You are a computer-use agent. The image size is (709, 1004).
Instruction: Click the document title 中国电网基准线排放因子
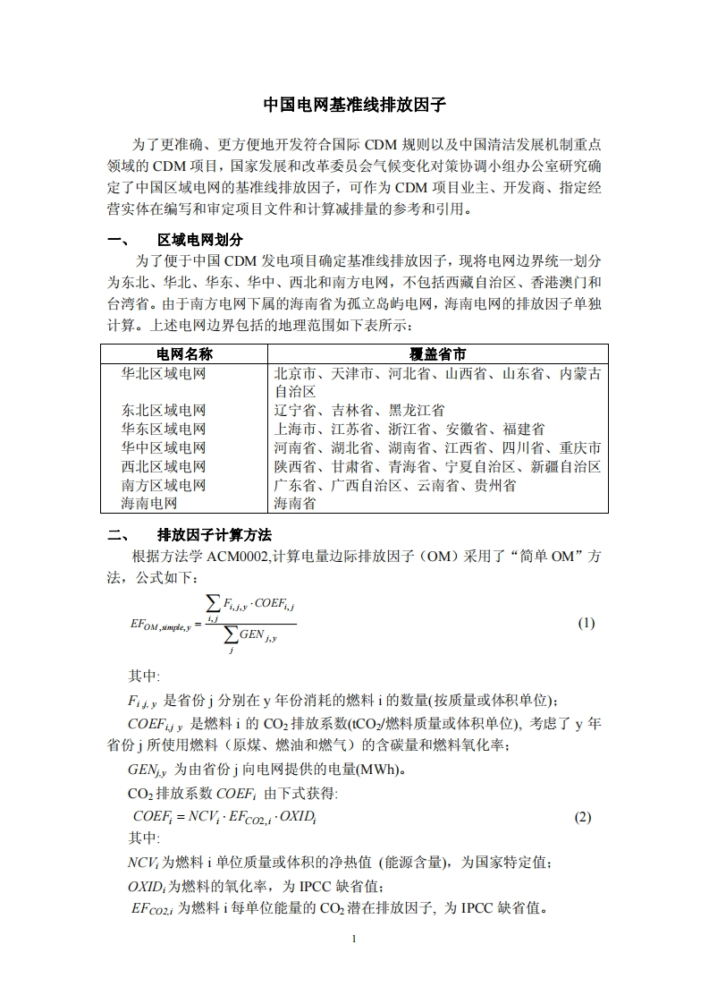354,105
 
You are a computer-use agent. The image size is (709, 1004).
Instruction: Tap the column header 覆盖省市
437,354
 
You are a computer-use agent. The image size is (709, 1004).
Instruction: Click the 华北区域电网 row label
164,373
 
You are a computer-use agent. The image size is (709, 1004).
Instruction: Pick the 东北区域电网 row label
164,411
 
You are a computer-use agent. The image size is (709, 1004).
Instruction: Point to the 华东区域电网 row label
164,430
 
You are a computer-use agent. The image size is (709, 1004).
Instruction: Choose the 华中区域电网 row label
164,448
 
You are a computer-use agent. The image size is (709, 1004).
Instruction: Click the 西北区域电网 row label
164,467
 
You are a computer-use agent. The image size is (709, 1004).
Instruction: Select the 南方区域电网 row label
164,486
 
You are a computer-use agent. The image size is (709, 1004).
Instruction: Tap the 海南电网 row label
149,504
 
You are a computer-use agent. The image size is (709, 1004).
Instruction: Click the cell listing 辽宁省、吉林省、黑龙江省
359,411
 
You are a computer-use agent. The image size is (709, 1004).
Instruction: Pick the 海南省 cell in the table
294,504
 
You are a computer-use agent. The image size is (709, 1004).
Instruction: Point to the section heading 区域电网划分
200,240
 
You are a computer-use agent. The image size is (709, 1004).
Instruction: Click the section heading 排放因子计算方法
215,535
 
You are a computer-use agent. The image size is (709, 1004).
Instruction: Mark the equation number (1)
587,623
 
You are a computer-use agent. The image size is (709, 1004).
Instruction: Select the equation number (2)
583,817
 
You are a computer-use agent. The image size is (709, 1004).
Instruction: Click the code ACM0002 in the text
242,557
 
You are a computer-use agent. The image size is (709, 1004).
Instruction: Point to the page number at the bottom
355,939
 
